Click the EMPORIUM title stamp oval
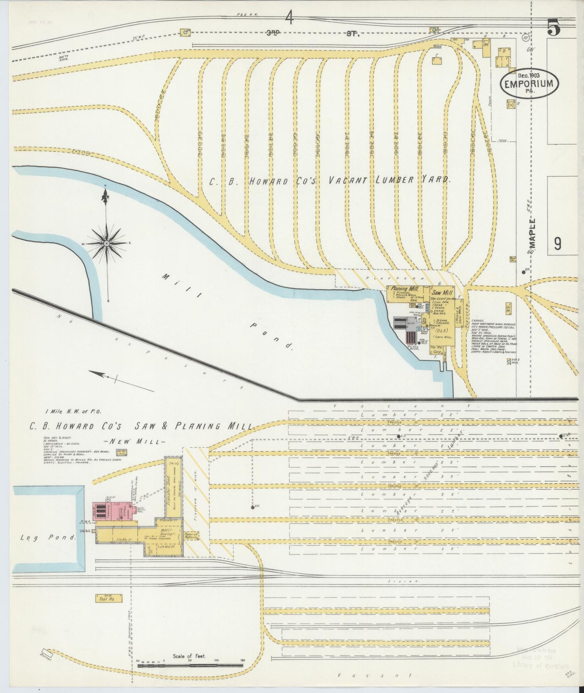pyautogui.click(x=530, y=84)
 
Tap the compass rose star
pyautogui.click(x=107, y=243)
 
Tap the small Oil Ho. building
pyautogui.click(x=508, y=308)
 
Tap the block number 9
pyautogui.click(x=558, y=243)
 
